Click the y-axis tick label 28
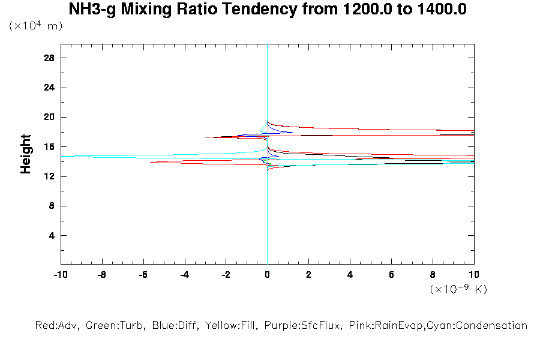click(x=49, y=58)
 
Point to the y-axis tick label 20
click(x=49, y=117)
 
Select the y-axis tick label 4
click(x=52, y=235)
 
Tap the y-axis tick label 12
click(x=49, y=176)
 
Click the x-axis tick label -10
click(x=60, y=274)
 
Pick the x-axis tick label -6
click(x=143, y=274)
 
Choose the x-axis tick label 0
click(x=267, y=274)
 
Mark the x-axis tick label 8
click(x=433, y=274)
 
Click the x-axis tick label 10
click(x=474, y=274)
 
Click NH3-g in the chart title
click(x=93, y=10)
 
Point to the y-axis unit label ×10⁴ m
click(x=36, y=26)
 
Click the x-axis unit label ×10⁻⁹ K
click(x=458, y=289)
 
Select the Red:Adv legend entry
click(x=57, y=326)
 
